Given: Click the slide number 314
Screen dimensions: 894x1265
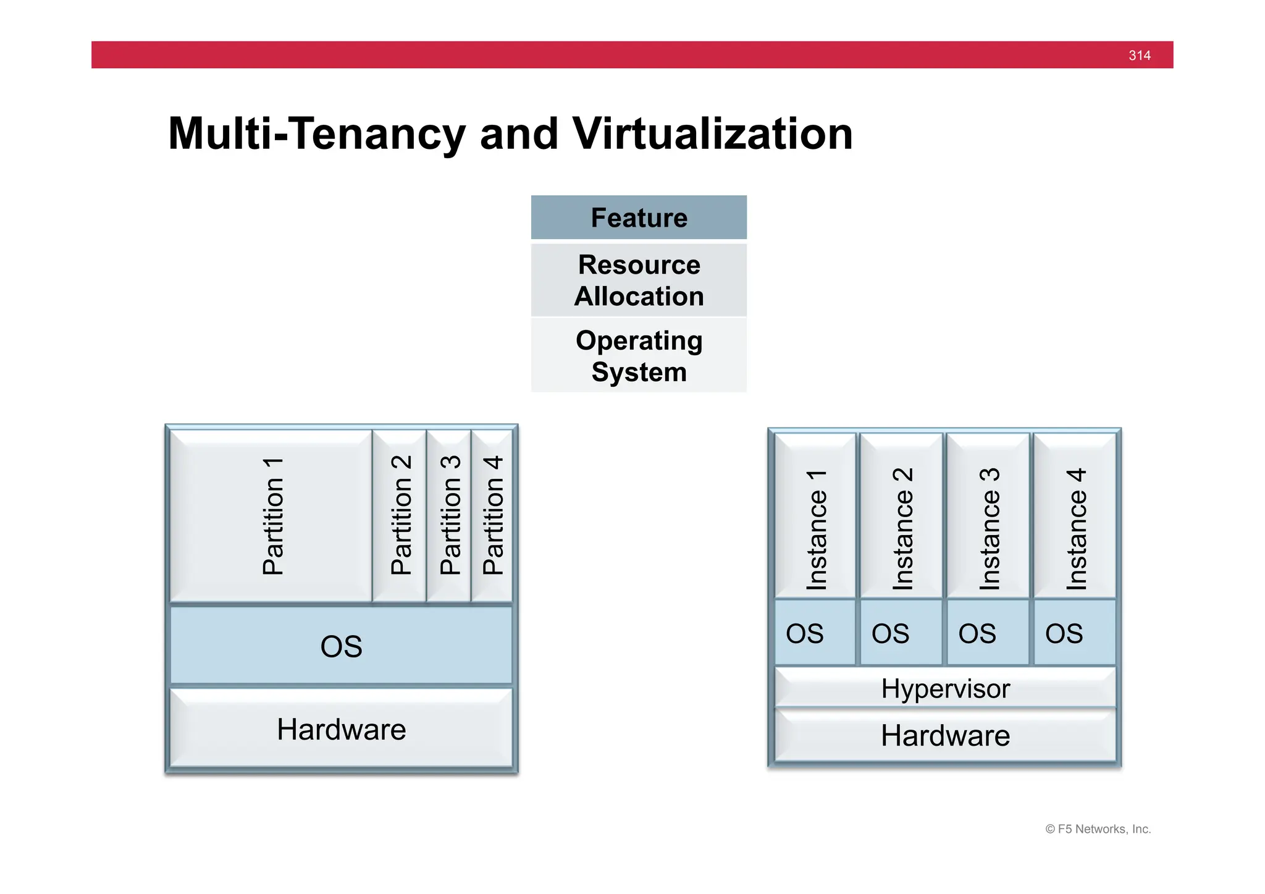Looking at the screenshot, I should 1139,56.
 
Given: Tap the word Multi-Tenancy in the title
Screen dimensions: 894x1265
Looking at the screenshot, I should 317,134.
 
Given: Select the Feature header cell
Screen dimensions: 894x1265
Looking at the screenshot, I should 639,217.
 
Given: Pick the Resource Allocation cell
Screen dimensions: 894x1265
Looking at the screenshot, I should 639,280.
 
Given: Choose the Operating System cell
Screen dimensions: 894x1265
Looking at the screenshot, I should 639,356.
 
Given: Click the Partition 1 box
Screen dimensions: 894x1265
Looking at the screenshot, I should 272,517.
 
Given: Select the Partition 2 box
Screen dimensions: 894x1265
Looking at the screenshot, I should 400,517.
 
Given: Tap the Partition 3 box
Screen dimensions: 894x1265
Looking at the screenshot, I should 449,517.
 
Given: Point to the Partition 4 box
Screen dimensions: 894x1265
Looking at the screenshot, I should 492,517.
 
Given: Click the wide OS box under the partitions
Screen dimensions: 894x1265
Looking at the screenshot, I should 341,646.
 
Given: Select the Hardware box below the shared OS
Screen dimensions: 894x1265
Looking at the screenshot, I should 341,729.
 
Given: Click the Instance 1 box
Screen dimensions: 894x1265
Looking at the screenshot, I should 815,517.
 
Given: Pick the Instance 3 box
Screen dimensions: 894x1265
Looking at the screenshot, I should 988,517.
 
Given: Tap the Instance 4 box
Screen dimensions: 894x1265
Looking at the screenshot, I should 1075,517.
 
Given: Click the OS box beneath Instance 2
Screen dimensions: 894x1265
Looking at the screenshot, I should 901,633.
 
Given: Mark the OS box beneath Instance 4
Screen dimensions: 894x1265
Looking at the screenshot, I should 1075,633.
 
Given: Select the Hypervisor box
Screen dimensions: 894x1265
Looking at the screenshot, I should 945,688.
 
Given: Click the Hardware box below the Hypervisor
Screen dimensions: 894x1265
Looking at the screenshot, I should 945,736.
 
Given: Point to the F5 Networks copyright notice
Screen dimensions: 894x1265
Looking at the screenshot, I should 1098,829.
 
